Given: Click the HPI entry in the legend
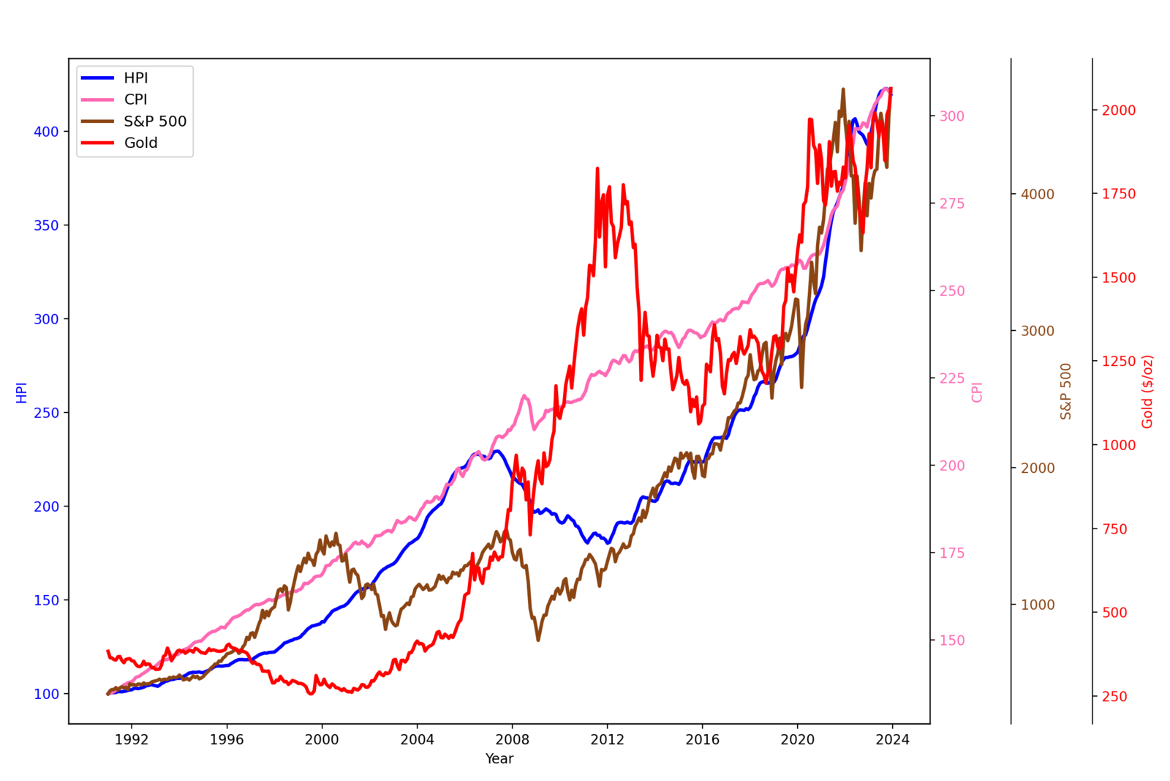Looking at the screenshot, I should click(x=136, y=78).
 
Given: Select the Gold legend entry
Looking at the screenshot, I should click(x=140, y=143).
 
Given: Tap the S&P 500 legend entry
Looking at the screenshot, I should click(x=154, y=121).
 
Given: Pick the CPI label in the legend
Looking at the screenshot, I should click(x=136, y=100).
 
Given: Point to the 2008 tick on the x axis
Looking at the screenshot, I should click(x=513, y=739).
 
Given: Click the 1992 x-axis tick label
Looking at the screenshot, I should click(x=132, y=739).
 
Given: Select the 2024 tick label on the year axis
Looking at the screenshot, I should click(x=893, y=739).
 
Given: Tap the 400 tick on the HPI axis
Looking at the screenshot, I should click(x=46, y=132).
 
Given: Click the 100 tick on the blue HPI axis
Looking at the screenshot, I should click(x=46, y=694).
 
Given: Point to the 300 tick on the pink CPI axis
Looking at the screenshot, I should click(x=952, y=116).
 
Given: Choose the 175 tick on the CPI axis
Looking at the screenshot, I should click(x=952, y=553).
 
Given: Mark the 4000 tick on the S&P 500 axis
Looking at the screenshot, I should click(x=1038, y=195).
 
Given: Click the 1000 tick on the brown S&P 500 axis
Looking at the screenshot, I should click(x=1038, y=605).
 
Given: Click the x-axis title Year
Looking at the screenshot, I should click(x=499, y=759).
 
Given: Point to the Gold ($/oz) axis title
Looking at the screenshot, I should click(x=1147, y=392).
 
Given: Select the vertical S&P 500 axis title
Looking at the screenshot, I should click(x=1066, y=392).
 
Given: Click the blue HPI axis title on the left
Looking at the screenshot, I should click(x=21, y=393).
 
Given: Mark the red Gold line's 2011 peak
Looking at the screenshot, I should click(x=597, y=168).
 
